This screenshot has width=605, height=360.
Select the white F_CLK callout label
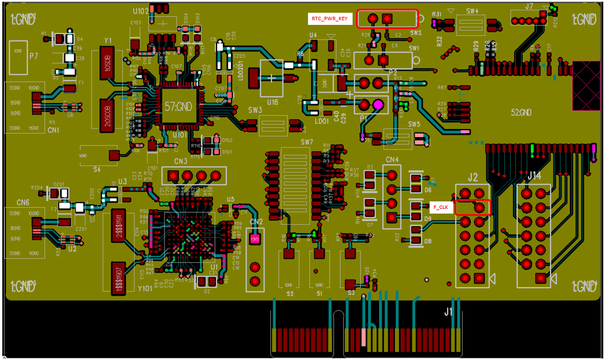[441, 207]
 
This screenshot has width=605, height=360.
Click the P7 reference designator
[34, 56]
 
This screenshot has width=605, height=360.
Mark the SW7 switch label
[307, 142]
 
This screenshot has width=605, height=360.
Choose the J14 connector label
[534, 175]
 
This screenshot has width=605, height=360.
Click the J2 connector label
[472, 177]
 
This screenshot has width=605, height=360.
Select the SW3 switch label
[255, 110]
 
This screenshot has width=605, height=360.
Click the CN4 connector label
[392, 159]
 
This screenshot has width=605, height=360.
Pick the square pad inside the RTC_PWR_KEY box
[387, 19]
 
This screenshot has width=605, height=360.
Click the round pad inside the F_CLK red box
[479, 207]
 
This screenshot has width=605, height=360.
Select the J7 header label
[529, 6]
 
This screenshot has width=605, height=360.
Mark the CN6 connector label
[23, 202]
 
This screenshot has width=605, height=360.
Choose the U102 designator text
[140, 11]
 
